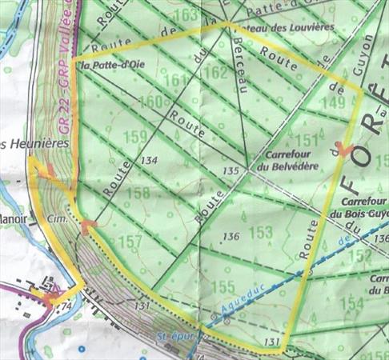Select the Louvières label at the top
pyautogui.click(x=277, y=27)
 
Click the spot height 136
pyautogui.click(x=231, y=236)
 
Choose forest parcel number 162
pyautogui.click(x=215, y=72)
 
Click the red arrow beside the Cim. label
pyautogui.click(x=89, y=225)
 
